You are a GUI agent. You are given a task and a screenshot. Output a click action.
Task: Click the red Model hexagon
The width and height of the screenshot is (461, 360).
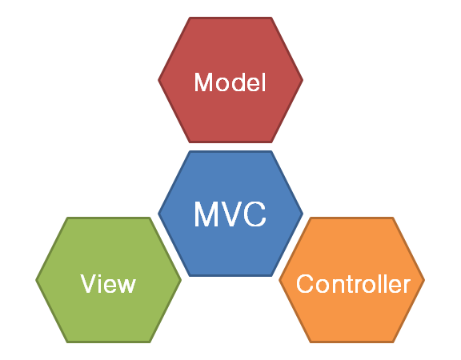(230, 80)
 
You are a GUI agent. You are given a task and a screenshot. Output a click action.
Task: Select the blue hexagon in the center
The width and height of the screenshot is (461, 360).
(230, 214)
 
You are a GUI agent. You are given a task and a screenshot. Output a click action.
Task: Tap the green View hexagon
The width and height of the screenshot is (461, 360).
(109, 280)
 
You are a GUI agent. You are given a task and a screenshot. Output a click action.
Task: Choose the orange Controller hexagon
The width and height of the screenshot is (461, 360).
(352, 280)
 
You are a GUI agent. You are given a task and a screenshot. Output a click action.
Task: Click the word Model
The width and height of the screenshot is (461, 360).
(230, 82)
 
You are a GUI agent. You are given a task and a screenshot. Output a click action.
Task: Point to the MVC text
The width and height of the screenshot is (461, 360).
(230, 214)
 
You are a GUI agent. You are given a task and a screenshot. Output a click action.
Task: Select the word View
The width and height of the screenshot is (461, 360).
(108, 283)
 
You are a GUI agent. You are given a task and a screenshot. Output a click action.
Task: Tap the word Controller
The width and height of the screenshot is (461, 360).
(354, 283)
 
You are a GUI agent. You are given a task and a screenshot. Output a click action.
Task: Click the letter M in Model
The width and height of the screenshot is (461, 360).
(204, 82)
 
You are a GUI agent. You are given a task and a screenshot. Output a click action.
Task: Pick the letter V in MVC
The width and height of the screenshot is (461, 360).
(231, 214)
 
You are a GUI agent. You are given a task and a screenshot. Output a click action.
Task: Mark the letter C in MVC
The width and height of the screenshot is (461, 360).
(255, 214)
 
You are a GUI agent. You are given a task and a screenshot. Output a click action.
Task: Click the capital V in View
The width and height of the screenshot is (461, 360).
(89, 283)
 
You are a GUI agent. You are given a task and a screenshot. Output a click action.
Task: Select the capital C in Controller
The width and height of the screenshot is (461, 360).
(305, 283)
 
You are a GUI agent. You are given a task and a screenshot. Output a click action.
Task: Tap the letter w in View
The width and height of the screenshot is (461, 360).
(126, 286)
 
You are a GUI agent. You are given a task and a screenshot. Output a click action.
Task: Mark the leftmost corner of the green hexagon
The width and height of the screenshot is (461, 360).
(35, 280)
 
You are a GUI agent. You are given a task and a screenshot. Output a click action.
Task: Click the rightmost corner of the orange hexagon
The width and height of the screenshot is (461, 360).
(425, 280)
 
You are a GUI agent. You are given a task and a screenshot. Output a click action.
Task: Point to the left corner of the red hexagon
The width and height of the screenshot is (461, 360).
(158, 80)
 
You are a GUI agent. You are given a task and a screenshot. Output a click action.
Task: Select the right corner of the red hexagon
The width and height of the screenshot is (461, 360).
(303, 80)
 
